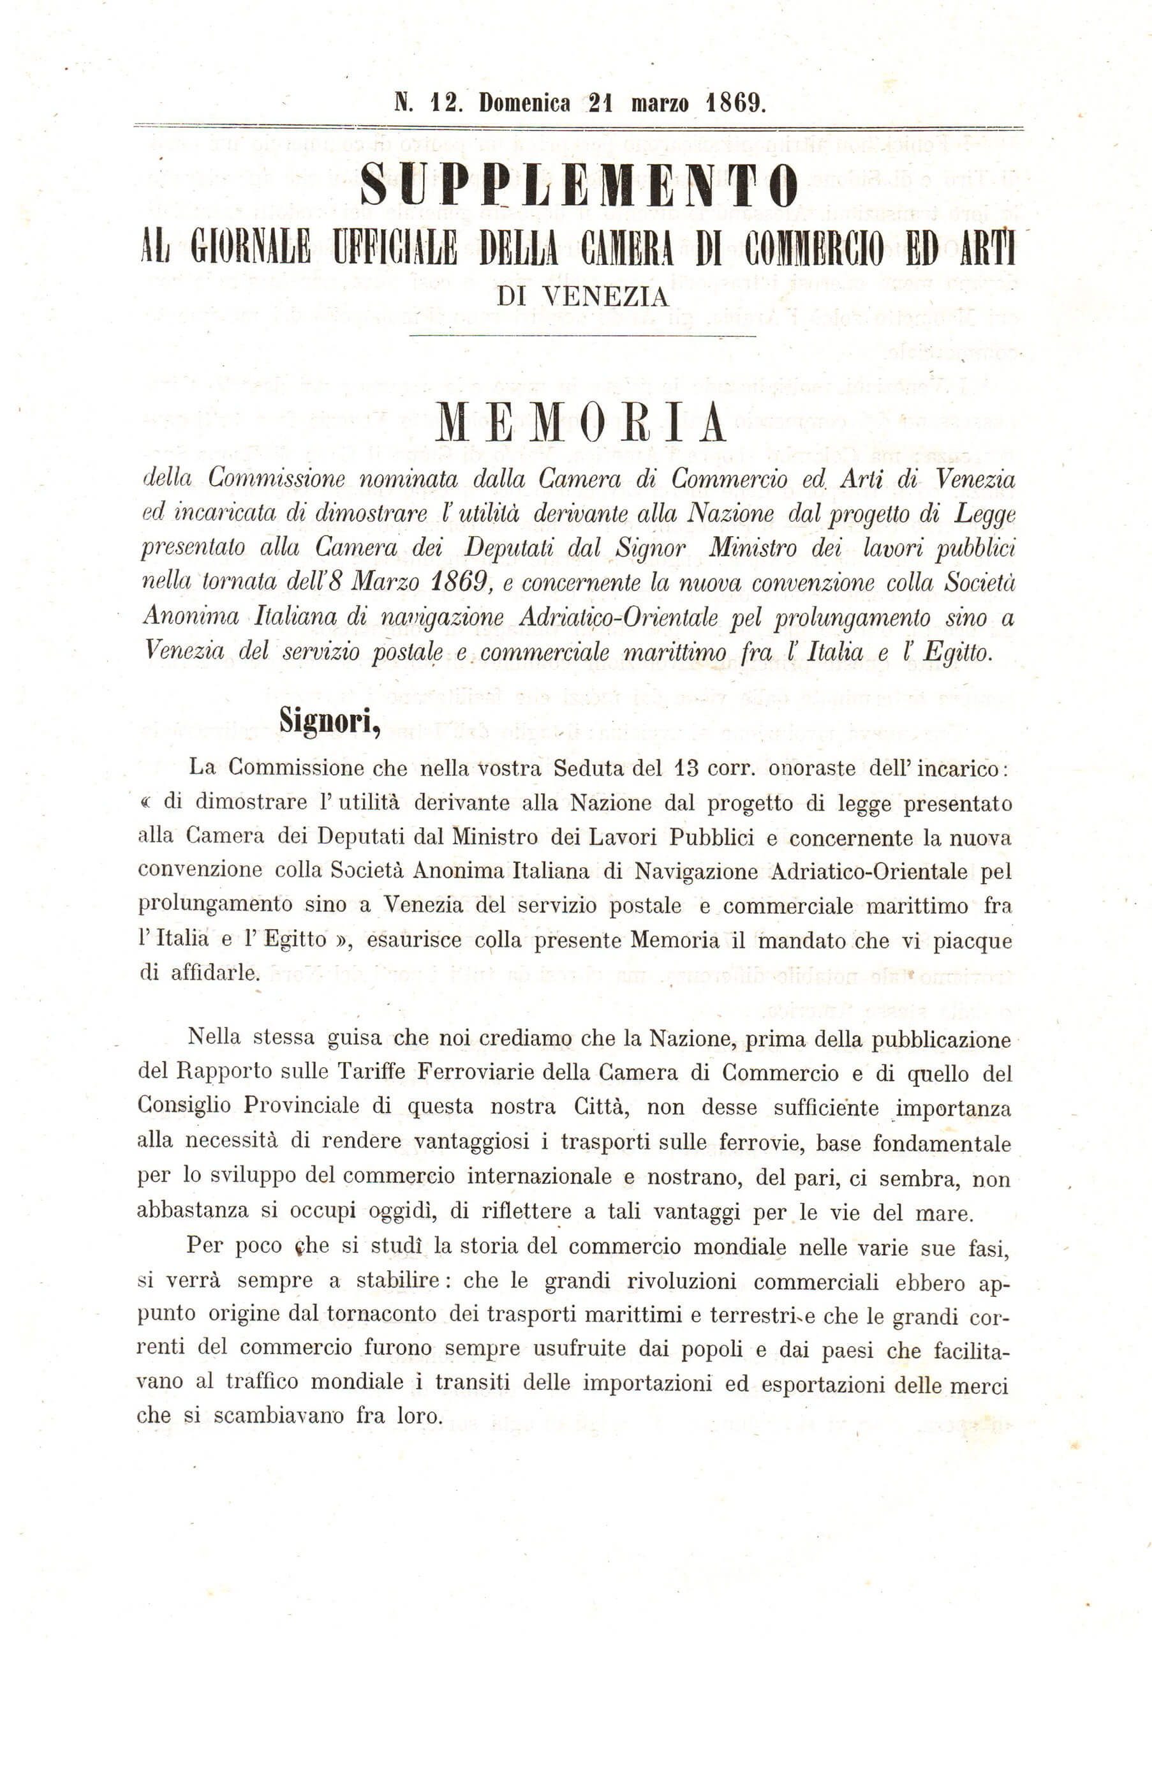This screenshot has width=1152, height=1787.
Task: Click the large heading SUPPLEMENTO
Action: (579, 185)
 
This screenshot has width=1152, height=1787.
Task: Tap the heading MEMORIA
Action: (580, 422)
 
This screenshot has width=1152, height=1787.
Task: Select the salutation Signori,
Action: (330, 721)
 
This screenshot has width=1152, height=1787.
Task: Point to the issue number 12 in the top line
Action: (445, 103)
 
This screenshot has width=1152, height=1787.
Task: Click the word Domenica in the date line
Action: (524, 103)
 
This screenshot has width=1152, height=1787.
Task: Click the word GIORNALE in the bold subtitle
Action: (250, 248)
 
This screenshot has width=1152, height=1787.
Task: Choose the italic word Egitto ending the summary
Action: (957, 652)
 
